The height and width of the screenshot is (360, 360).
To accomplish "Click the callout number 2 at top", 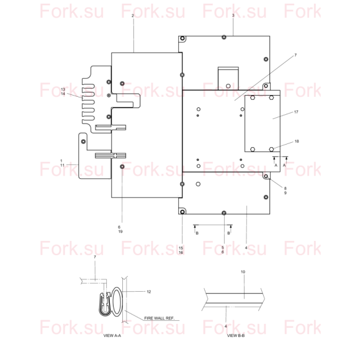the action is pos(133,16).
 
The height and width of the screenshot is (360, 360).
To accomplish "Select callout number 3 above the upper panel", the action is pos(233,16).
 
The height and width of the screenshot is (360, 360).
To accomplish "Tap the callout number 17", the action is pos(296,112).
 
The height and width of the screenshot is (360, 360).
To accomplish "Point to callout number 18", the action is pos(297,142).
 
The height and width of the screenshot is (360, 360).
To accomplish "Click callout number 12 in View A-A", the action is pos(149,292).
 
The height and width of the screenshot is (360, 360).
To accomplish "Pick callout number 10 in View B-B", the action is pos(243,272).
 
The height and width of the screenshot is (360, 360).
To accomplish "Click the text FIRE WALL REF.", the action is pos(160,318).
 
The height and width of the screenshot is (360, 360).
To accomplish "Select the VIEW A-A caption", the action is pos(112,336).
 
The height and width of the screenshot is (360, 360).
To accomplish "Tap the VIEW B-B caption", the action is pos(236,336).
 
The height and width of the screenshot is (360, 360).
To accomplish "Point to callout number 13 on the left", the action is pos(63,89).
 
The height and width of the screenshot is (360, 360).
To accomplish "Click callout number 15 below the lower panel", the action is pos(181,248).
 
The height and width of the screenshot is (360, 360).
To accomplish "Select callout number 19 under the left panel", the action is pos(120,232).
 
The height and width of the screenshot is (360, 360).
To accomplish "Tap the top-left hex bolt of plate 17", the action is pos(253,97).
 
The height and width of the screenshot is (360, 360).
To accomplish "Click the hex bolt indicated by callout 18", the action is pos(271,149).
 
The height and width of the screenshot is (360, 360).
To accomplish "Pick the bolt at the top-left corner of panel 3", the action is pos(182,38).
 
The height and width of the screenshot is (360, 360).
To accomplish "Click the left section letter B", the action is pos(197,233).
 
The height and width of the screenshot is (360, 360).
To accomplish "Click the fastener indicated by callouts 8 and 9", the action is pos(266,176).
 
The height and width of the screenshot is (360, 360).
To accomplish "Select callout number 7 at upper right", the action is pos(295,55).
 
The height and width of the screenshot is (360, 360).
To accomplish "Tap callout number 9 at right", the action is pos(286,193).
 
